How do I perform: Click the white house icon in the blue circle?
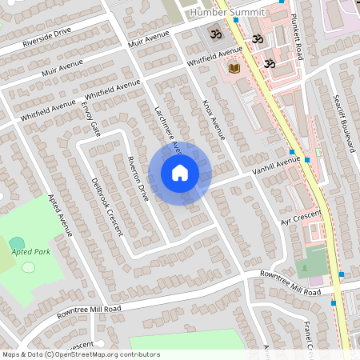[180, 173]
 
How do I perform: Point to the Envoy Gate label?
[90, 117]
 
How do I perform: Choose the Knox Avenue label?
[214, 118]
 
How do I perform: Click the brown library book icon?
[234, 69]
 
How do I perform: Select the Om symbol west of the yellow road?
[214, 35]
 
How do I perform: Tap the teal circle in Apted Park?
[17, 242]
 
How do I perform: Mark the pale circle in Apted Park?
[28, 267]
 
